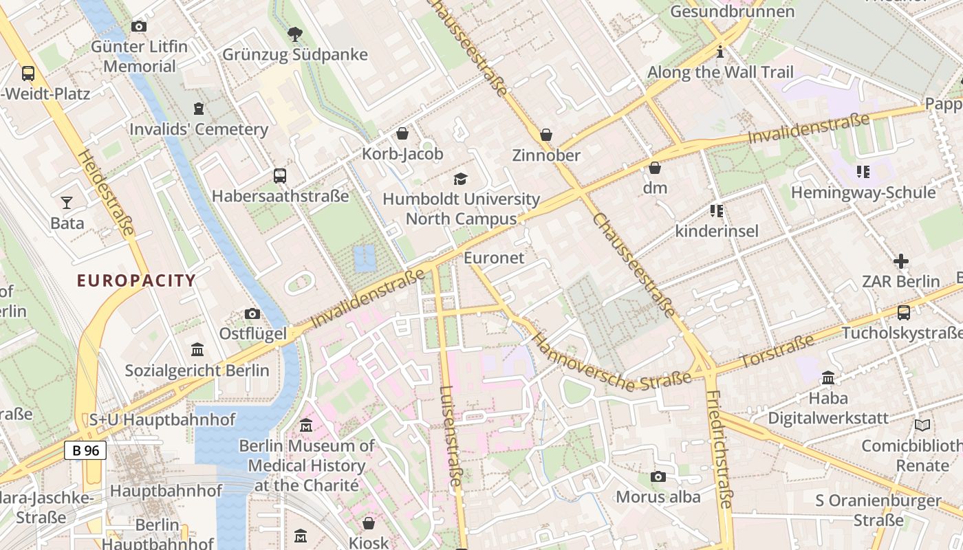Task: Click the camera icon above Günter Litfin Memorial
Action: pyautogui.click(x=139, y=27)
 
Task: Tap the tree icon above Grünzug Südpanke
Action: pyautogui.click(x=294, y=34)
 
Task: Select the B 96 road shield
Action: pyautogui.click(x=85, y=450)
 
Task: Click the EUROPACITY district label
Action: pyautogui.click(x=136, y=280)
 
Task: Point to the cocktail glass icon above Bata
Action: pyautogui.click(x=67, y=202)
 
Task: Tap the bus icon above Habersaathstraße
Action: pyautogui.click(x=279, y=175)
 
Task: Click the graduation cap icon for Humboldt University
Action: pyautogui.click(x=460, y=179)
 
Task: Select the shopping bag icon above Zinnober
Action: pyautogui.click(x=546, y=135)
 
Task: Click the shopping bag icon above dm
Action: pyautogui.click(x=655, y=168)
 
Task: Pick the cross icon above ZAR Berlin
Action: pyautogui.click(x=900, y=261)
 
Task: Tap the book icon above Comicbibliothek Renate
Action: pyautogui.click(x=922, y=426)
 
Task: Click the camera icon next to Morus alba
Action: pyautogui.click(x=658, y=476)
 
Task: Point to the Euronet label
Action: pyautogui.click(x=494, y=258)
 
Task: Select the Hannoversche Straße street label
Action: pyautogui.click(x=611, y=363)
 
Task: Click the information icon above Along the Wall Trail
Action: pyautogui.click(x=720, y=52)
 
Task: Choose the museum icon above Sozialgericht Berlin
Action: pyautogui.click(x=197, y=350)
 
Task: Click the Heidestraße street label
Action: pyautogui.click(x=107, y=193)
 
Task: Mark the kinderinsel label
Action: pyautogui.click(x=717, y=231)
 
